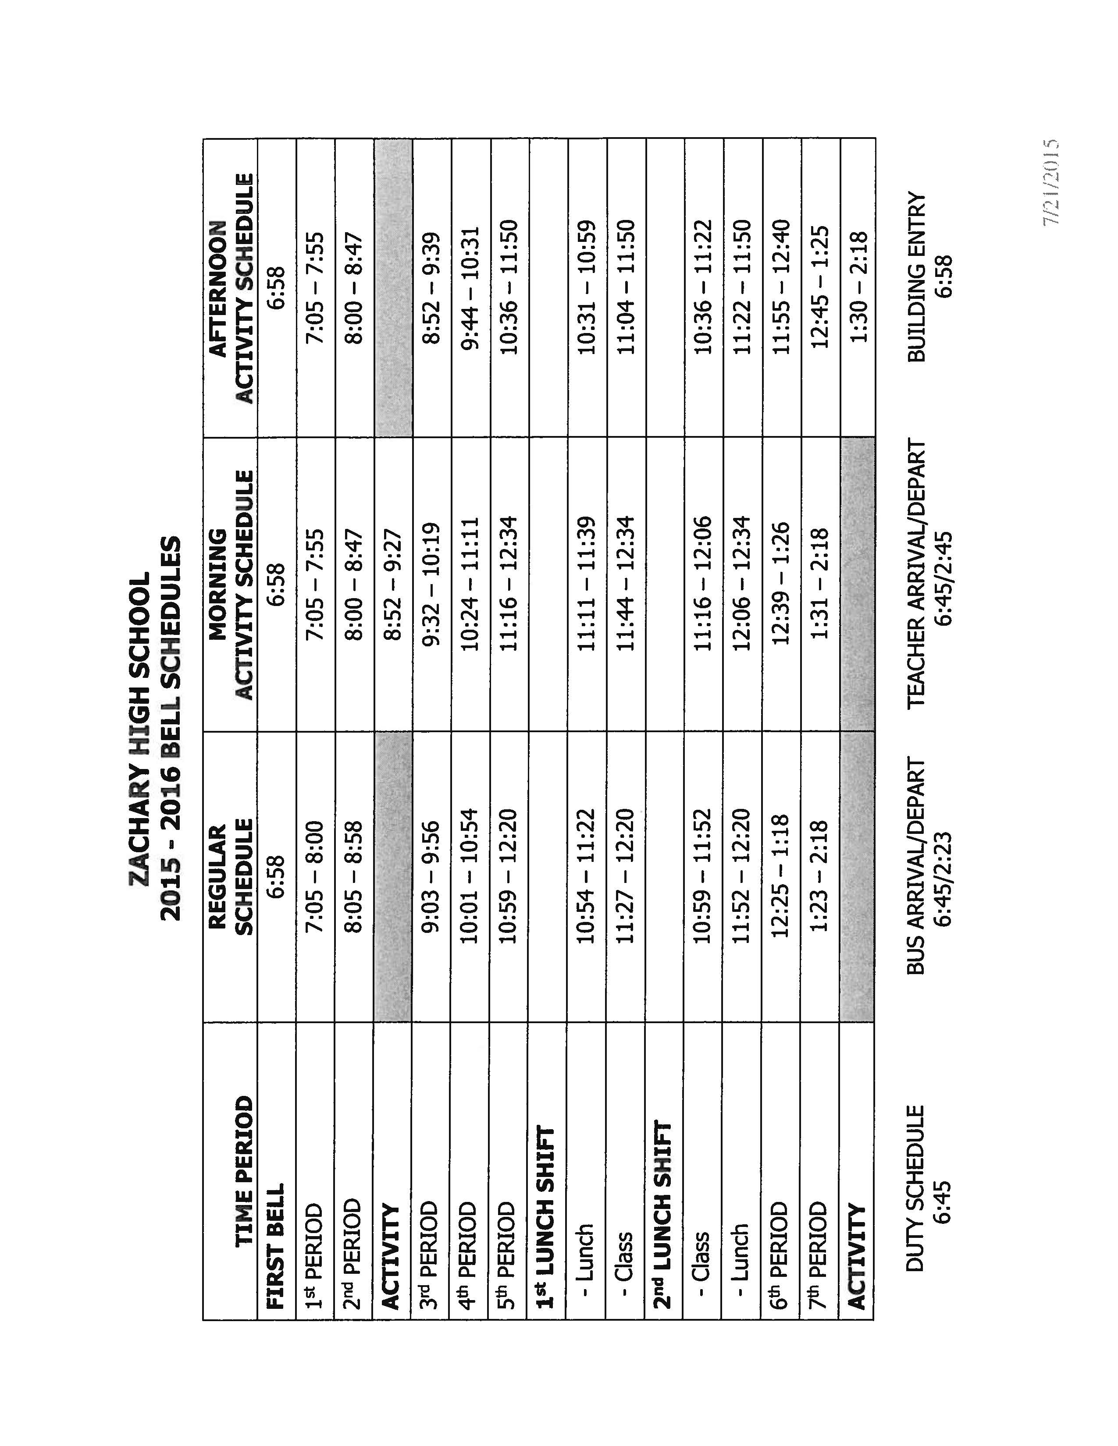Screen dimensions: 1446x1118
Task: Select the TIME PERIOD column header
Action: tap(243, 1156)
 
